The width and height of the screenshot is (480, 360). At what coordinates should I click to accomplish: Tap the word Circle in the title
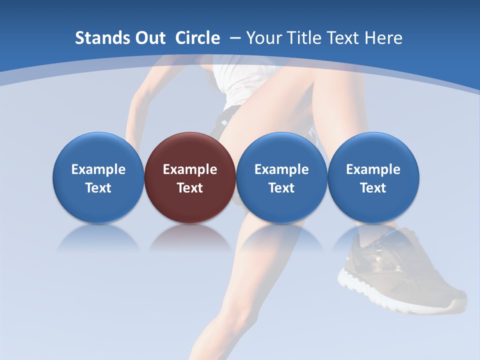click(197, 38)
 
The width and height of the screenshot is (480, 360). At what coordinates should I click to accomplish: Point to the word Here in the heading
click(382, 38)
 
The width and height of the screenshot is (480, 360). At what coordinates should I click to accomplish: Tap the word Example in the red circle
click(190, 169)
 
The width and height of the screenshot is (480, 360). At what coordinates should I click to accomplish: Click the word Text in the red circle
click(190, 188)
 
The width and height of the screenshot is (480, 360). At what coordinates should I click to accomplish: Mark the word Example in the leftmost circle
click(98, 169)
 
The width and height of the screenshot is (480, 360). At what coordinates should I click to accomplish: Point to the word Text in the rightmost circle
click(373, 188)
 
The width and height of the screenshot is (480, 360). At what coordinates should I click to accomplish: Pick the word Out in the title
click(150, 38)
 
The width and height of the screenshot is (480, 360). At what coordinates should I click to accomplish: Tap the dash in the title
click(234, 38)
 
